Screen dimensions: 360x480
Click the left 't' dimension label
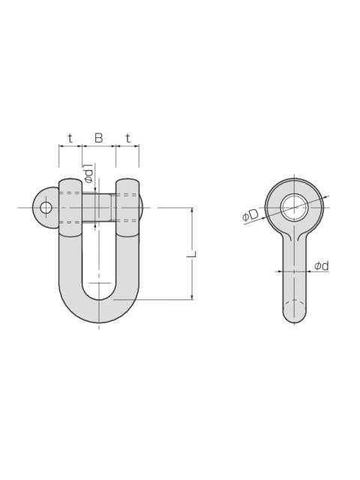(x=70, y=139)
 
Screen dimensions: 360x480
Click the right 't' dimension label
(x=127, y=139)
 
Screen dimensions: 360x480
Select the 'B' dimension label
(x=98, y=138)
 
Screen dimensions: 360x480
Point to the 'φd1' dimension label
(x=88, y=173)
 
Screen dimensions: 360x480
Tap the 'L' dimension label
(x=192, y=253)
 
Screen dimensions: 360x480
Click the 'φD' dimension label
(x=250, y=216)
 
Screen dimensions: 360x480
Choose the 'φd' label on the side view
(x=322, y=265)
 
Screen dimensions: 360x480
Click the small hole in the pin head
(x=46, y=208)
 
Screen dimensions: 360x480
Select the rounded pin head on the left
(x=46, y=208)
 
